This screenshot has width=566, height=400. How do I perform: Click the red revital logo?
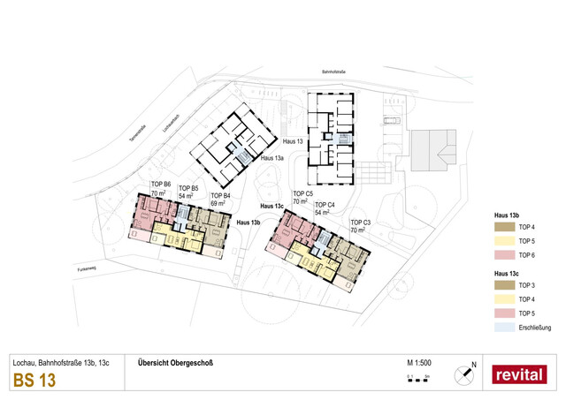tap(519, 374)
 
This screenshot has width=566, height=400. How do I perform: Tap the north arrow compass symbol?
tap(464, 375)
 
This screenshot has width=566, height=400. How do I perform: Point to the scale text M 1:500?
tap(418, 363)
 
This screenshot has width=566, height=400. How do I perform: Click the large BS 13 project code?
tap(34, 381)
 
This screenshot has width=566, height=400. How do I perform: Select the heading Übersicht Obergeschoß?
tap(176, 363)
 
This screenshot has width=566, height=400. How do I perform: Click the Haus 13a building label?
tap(272, 158)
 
